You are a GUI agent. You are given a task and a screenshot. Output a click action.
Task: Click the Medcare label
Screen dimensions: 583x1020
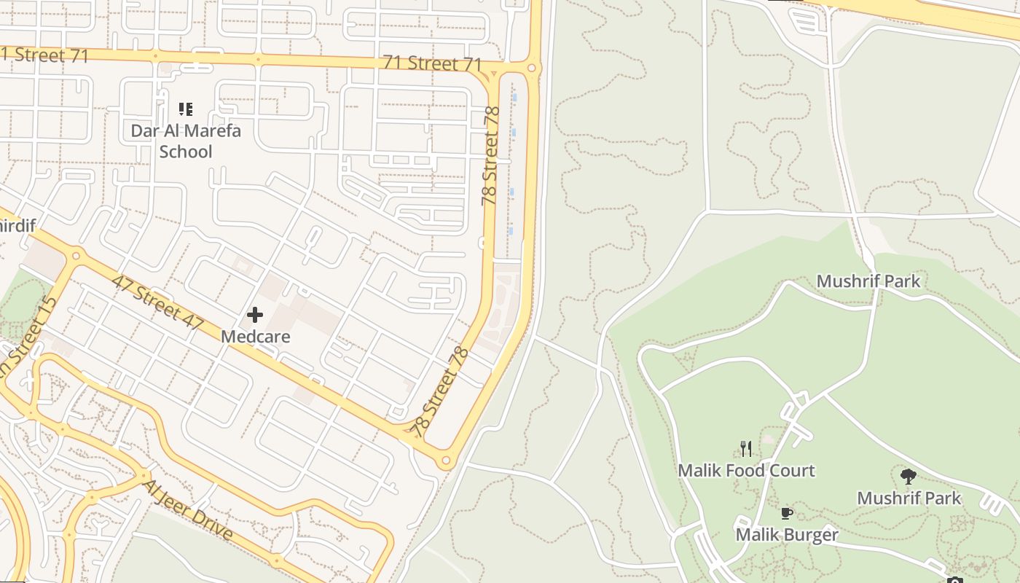click(255, 337)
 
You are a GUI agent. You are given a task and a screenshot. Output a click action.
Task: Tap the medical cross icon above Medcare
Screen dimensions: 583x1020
click(255, 315)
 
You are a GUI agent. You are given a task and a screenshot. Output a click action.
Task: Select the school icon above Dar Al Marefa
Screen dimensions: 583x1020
click(186, 109)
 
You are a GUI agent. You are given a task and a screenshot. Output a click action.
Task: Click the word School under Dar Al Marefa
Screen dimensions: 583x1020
click(186, 152)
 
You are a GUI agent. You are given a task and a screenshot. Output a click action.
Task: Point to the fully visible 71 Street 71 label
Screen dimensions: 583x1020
click(433, 63)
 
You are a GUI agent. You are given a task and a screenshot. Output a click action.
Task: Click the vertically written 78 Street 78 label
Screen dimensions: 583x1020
click(491, 155)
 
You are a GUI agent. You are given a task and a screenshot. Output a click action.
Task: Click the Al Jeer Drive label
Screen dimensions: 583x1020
click(189, 510)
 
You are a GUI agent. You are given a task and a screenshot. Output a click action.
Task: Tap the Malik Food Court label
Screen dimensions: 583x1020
click(746, 470)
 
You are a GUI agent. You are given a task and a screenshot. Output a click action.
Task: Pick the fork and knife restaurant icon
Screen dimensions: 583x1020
click(746, 448)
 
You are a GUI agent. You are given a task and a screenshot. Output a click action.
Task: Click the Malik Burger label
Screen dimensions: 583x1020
click(787, 535)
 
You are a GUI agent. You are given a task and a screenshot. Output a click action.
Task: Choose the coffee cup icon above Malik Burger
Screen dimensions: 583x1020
click(787, 513)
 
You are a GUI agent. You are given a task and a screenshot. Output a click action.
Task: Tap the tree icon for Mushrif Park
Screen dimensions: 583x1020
click(908, 477)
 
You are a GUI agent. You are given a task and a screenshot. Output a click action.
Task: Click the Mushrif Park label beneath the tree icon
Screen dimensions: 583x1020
click(909, 498)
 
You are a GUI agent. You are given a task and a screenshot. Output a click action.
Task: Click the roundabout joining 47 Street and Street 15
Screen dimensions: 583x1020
click(76, 256)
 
